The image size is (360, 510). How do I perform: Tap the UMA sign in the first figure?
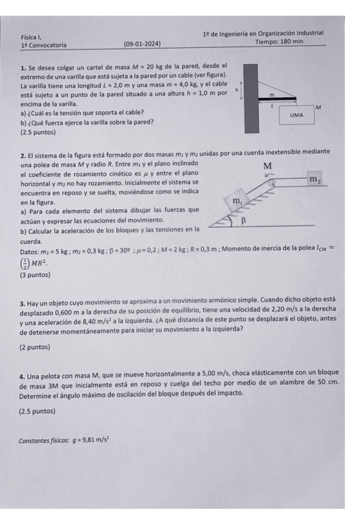(296, 114)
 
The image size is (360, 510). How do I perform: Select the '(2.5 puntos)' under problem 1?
(38, 131)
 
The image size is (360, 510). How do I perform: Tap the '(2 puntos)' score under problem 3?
(35, 347)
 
